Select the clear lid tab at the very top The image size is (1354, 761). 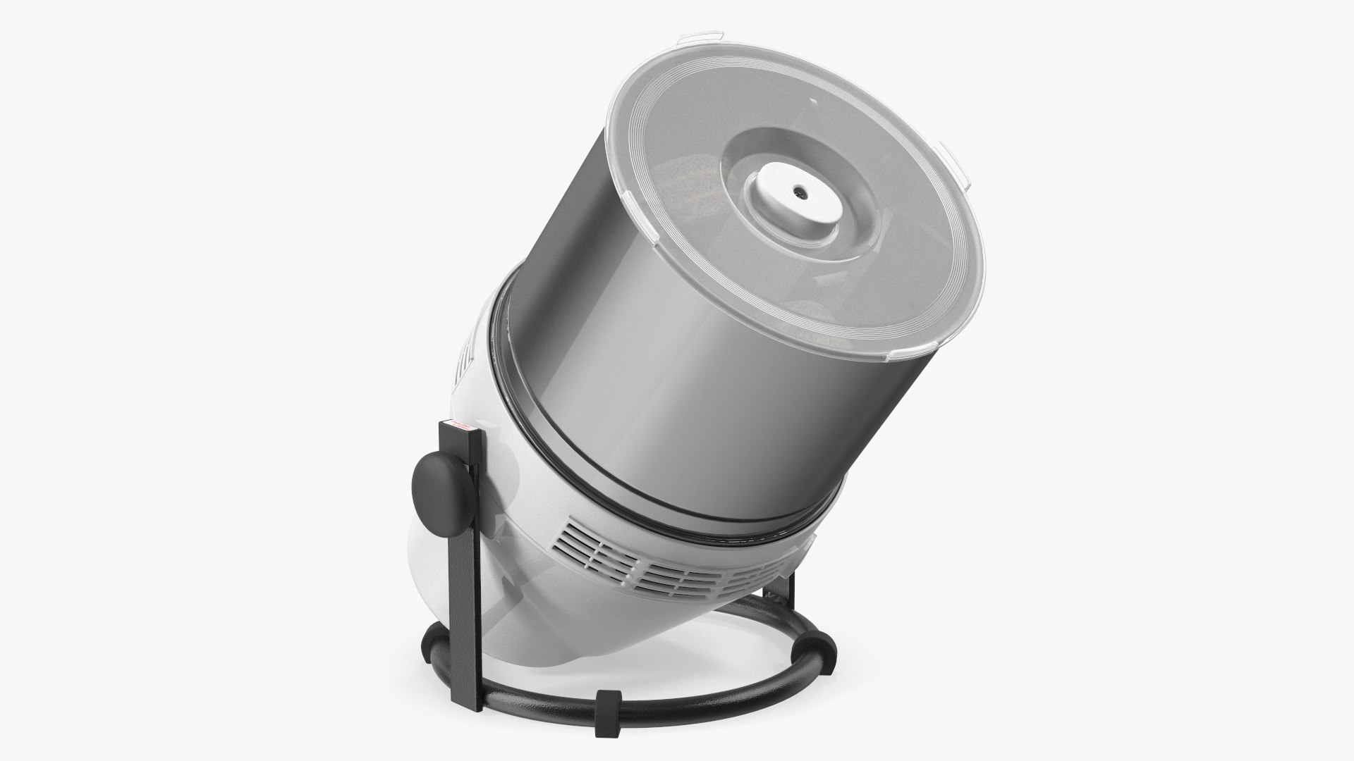point(699,36)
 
